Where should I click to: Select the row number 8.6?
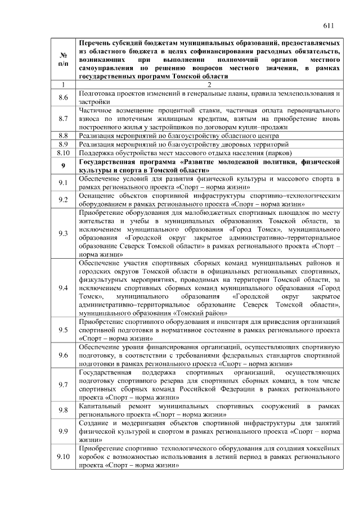click(x=63, y=98)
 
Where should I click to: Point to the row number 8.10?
click(x=63, y=152)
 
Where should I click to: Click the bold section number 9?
click(x=63, y=165)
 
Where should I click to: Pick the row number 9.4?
click(x=63, y=288)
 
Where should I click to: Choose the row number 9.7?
click(x=63, y=384)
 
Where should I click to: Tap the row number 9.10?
click(x=63, y=456)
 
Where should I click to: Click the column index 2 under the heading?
click(x=209, y=84)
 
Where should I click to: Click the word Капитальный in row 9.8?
click(x=100, y=406)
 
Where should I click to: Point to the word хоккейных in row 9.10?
click(x=323, y=448)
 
